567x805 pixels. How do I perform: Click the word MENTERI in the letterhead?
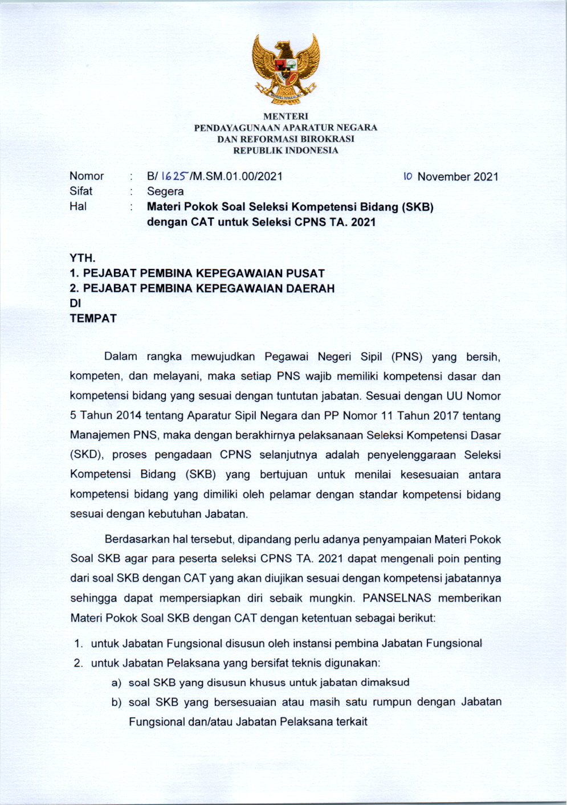(285, 116)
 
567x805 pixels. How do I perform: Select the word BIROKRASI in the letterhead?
(327, 139)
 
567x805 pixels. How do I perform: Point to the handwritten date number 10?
(407, 177)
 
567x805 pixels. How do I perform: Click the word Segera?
(165, 191)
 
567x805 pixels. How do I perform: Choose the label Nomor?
(87, 176)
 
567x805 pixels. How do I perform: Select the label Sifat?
(81, 191)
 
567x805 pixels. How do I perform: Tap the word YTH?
(83, 258)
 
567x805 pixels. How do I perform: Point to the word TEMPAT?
(93, 318)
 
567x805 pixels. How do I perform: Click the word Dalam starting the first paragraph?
(120, 357)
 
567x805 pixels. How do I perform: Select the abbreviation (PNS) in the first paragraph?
(407, 357)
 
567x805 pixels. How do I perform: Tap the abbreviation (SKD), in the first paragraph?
(87, 455)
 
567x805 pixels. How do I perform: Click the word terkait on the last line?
(352, 722)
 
